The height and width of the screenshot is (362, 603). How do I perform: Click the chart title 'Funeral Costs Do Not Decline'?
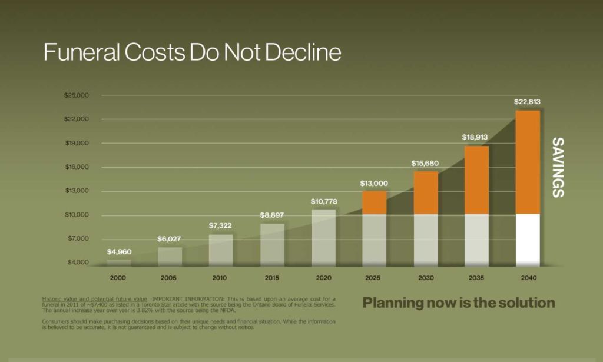click(192, 52)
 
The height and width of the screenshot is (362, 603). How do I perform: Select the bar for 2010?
click(221, 250)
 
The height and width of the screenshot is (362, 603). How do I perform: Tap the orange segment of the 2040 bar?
click(528, 162)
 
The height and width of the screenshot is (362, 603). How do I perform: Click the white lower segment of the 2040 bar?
click(528, 239)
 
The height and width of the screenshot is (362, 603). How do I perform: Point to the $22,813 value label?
click(528, 101)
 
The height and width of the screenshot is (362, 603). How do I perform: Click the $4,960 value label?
click(119, 252)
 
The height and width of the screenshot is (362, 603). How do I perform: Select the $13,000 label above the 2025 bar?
click(374, 184)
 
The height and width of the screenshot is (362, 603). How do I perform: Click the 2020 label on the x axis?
click(323, 277)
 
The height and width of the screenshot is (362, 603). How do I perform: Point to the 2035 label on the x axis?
click(476, 277)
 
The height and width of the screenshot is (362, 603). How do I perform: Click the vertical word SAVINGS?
click(557, 167)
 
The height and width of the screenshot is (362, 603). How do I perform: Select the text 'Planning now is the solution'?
click(459, 303)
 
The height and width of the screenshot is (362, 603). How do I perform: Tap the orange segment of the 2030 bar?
click(425, 192)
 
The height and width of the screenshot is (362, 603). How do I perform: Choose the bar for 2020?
click(323, 237)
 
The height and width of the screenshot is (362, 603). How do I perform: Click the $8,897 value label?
click(272, 215)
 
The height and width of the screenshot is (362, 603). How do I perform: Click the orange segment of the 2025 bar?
click(374, 202)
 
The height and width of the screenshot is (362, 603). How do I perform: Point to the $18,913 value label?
click(476, 137)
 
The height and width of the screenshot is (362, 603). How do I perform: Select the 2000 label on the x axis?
click(118, 277)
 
